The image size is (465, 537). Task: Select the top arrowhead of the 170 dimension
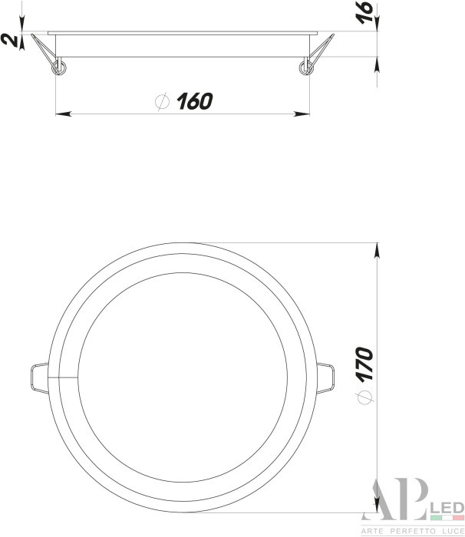click(x=378, y=249)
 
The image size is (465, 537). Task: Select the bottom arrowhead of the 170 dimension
click(x=378, y=506)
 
